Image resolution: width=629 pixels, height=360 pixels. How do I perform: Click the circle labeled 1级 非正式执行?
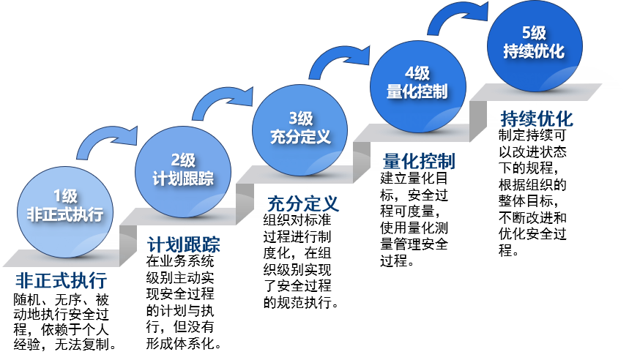(x=65, y=209)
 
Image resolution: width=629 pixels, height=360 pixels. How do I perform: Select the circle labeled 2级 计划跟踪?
(x=183, y=171)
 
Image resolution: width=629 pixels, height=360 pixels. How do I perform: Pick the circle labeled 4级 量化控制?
(x=417, y=83)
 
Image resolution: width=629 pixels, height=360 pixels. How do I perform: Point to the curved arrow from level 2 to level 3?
(x=223, y=100)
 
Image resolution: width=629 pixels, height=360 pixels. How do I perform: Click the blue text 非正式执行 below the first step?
(x=62, y=282)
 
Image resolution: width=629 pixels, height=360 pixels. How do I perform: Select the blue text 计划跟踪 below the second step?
(x=184, y=244)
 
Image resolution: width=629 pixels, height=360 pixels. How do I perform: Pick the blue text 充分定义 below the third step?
(x=303, y=203)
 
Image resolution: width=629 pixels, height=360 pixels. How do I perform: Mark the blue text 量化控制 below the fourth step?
(x=419, y=161)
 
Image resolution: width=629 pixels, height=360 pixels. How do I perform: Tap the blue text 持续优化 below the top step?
(x=537, y=119)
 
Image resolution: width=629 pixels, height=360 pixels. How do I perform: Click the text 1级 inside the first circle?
(x=65, y=196)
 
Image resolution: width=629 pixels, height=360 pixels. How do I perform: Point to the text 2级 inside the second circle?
(x=183, y=160)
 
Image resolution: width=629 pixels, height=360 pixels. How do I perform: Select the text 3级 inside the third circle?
(x=300, y=118)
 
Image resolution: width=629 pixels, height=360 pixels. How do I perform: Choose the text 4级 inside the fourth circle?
(x=417, y=72)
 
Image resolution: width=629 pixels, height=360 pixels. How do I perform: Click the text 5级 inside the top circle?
(x=534, y=32)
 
